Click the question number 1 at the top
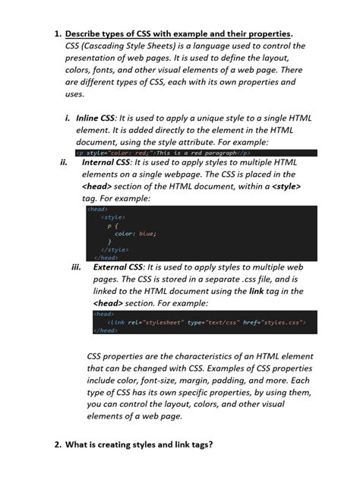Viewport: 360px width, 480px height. (x=57, y=33)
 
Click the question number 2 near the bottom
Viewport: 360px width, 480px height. (x=57, y=444)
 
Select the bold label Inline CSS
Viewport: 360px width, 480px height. (x=96, y=118)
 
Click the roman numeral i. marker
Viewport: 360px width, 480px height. (x=68, y=118)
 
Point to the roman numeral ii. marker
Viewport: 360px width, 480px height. (x=64, y=162)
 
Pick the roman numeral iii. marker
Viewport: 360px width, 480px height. (x=75, y=267)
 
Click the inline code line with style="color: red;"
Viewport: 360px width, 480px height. (x=163, y=152)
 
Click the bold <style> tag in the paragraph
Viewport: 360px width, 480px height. (x=286, y=185)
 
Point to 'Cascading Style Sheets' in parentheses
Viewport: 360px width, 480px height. (x=124, y=46)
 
